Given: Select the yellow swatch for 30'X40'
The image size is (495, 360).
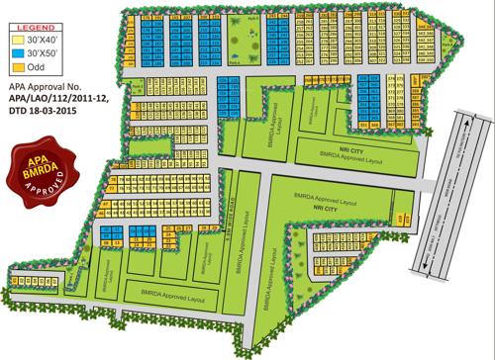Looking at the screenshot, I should click(x=18, y=38).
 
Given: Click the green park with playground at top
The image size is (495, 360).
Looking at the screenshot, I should click(x=238, y=39).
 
